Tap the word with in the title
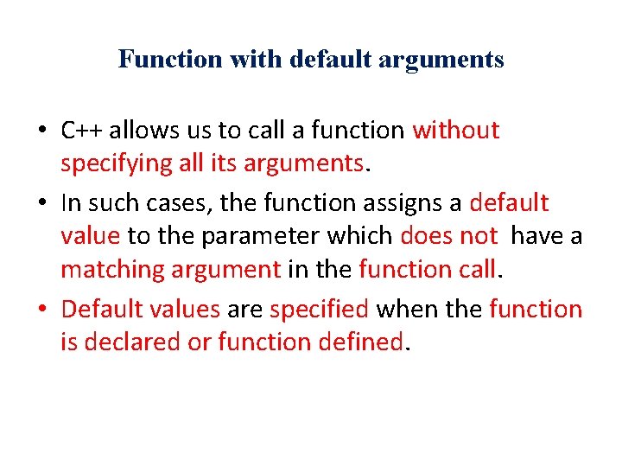(x=244, y=60)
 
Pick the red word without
(x=456, y=130)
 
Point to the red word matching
(x=111, y=269)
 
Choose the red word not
(x=478, y=236)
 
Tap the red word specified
(x=320, y=309)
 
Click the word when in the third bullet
(x=404, y=309)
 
